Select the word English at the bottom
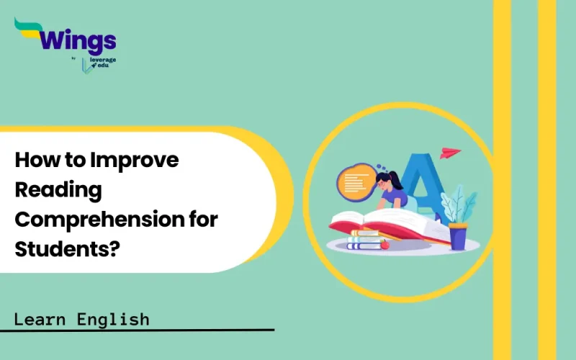tap(117, 318)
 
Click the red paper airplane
tap(451, 153)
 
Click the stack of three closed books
tap(364, 240)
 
